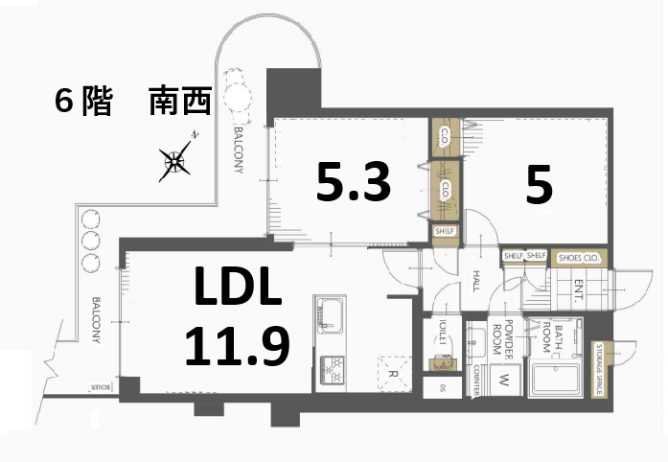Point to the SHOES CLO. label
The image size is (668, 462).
pyautogui.click(x=579, y=256)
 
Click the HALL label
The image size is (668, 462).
pyautogui.click(x=476, y=279)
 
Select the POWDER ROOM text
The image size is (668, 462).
pyautogui.click(x=516, y=337)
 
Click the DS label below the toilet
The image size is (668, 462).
pyautogui.click(x=442, y=388)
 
